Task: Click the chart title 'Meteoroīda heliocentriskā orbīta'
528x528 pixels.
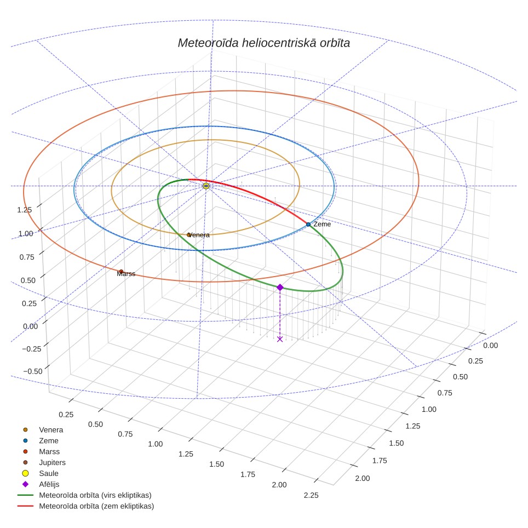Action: coord(263,43)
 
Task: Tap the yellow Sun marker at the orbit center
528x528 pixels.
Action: coord(206,186)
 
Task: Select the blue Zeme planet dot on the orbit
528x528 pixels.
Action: coord(308,224)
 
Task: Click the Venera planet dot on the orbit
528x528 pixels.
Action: coord(189,235)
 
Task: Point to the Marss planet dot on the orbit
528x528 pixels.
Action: coord(121,272)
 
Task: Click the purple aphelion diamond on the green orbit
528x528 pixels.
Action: coord(280,287)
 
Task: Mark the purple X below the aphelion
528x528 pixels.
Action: coord(280,339)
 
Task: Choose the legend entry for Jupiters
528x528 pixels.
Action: coord(42,462)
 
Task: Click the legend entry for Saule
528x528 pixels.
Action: coord(38,473)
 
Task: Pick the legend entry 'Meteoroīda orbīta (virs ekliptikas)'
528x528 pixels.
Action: coord(84,495)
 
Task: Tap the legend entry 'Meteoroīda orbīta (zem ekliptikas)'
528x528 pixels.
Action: coord(85,506)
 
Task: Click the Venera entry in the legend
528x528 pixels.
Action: coord(41,429)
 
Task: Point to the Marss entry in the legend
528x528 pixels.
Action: coord(38,451)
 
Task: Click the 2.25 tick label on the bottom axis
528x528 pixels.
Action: coord(311,495)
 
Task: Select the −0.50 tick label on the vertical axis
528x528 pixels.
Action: coord(33,371)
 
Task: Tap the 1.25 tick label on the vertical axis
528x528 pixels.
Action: coord(25,210)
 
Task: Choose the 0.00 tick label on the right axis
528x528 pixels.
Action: coord(490,345)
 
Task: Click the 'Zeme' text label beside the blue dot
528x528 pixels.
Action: coord(322,224)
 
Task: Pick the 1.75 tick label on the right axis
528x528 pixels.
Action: coord(380,460)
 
